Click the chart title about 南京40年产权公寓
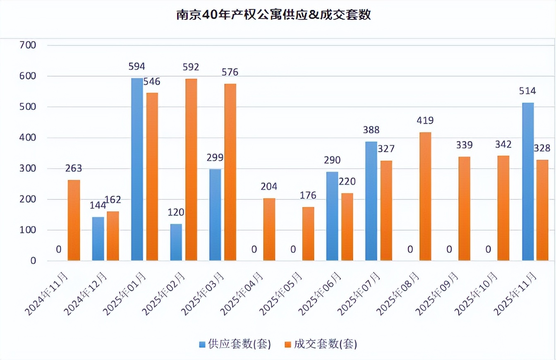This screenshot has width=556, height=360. pos(273,15)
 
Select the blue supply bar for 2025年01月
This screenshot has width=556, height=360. pos(137,170)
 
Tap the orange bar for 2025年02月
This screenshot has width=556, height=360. pos(191,170)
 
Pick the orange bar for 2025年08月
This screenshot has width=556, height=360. pos(425,197)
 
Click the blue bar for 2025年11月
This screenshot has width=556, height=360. pos(528,182)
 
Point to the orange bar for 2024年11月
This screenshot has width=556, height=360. pos(74,221)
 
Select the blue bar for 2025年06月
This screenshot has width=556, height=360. pos(332,216)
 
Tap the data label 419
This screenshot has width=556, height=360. pos(425,121)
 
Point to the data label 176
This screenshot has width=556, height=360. pos(308,195)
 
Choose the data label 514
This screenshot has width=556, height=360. pos(528,91)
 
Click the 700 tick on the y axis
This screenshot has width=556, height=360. pos(28,45)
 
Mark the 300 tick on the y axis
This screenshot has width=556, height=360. pos(28,168)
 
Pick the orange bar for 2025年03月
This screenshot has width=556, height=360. pos(230,172)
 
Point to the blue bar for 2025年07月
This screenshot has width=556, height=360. pos(371,201)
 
